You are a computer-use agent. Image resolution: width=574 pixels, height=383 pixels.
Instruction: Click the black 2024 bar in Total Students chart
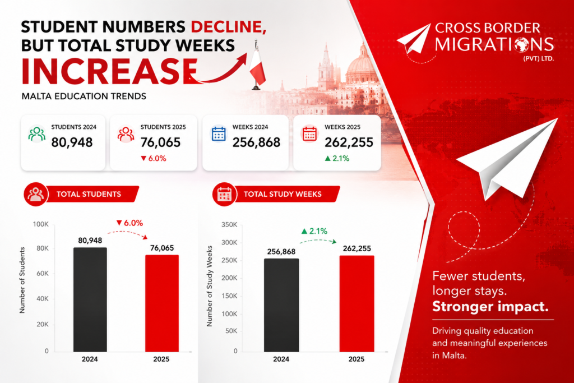tap(90, 299)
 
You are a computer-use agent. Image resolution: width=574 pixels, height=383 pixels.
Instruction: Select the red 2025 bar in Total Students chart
tap(162, 303)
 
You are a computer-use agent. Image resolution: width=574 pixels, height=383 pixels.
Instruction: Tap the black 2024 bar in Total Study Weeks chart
tap(281, 305)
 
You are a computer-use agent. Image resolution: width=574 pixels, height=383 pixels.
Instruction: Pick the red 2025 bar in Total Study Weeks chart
tap(357, 303)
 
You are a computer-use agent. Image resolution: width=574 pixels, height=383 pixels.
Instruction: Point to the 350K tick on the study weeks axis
tap(229, 224)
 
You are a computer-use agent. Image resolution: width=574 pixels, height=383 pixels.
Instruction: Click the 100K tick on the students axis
tap(40, 224)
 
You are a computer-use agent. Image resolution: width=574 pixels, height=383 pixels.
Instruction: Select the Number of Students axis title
tap(22, 280)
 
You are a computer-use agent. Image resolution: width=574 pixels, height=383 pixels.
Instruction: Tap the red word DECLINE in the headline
tap(229, 27)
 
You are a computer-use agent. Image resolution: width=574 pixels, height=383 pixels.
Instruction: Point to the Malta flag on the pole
tap(258, 68)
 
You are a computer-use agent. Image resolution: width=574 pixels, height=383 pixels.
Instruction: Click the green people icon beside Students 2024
tap(37, 134)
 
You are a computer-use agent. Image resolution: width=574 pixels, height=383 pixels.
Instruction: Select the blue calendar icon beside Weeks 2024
tap(219, 133)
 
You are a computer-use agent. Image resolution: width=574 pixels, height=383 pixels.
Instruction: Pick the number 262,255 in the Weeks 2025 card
tap(349, 142)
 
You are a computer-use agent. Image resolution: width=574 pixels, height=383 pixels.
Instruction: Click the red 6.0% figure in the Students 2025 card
tap(154, 159)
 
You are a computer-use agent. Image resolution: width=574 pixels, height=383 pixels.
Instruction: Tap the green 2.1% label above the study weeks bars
tap(314, 231)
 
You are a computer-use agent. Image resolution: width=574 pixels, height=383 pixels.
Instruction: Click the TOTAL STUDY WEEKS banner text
tap(283, 194)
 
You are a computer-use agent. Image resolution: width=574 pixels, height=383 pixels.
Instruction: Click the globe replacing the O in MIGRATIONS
tap(522, 44)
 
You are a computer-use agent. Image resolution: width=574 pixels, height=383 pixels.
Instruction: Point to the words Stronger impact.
tap(490, 306)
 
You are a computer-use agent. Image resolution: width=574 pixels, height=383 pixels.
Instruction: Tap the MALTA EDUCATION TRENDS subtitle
tap(84, 96)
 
